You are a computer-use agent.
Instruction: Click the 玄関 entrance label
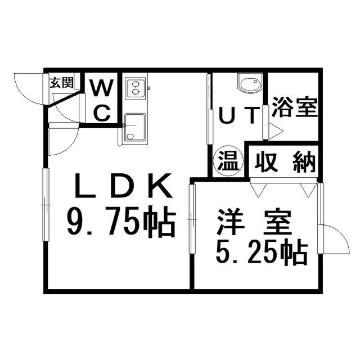tap(61, 83)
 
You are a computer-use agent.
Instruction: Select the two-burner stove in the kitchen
tap(136, 87)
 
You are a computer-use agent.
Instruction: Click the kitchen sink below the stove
tap(134, 127)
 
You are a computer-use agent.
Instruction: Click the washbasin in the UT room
tap(250, 84)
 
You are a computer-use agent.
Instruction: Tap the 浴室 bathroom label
tap(295, 106)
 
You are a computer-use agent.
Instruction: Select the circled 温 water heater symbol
tap(228, 161)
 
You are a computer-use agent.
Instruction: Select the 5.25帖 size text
tap(262, 253)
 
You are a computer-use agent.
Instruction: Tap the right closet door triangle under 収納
tap(307, 190)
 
